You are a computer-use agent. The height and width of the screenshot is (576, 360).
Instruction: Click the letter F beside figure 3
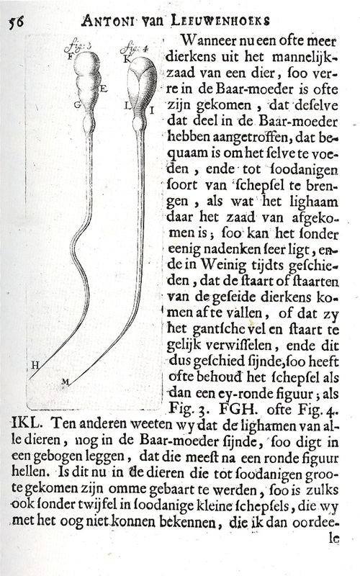(x=69, y=55)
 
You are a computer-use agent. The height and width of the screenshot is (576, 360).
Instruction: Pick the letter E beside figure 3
(x=104, y=89)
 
